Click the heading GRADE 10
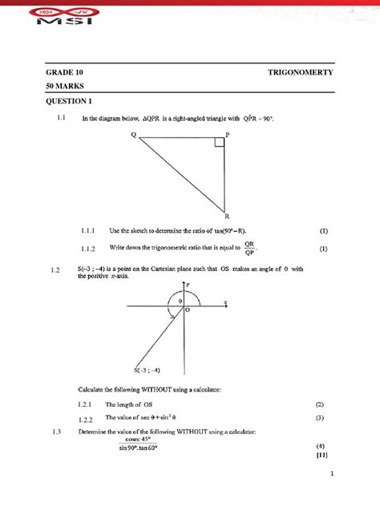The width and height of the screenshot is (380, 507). pos(64,72)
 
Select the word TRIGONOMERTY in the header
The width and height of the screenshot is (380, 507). pos(301,72)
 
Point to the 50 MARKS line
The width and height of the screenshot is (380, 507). pos(64,85)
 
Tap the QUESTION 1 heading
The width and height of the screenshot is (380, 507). pos(69,101)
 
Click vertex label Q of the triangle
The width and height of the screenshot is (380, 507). pos(134,135)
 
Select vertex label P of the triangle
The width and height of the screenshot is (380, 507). pos(227,135)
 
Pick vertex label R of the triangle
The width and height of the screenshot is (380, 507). pos(227,216)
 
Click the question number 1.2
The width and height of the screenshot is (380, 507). pos(55,270)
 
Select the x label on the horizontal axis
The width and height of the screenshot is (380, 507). pos(226,302)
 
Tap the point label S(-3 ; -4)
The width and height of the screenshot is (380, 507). pos(148,370)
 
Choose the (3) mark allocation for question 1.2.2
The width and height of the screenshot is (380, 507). pos(319,418)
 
